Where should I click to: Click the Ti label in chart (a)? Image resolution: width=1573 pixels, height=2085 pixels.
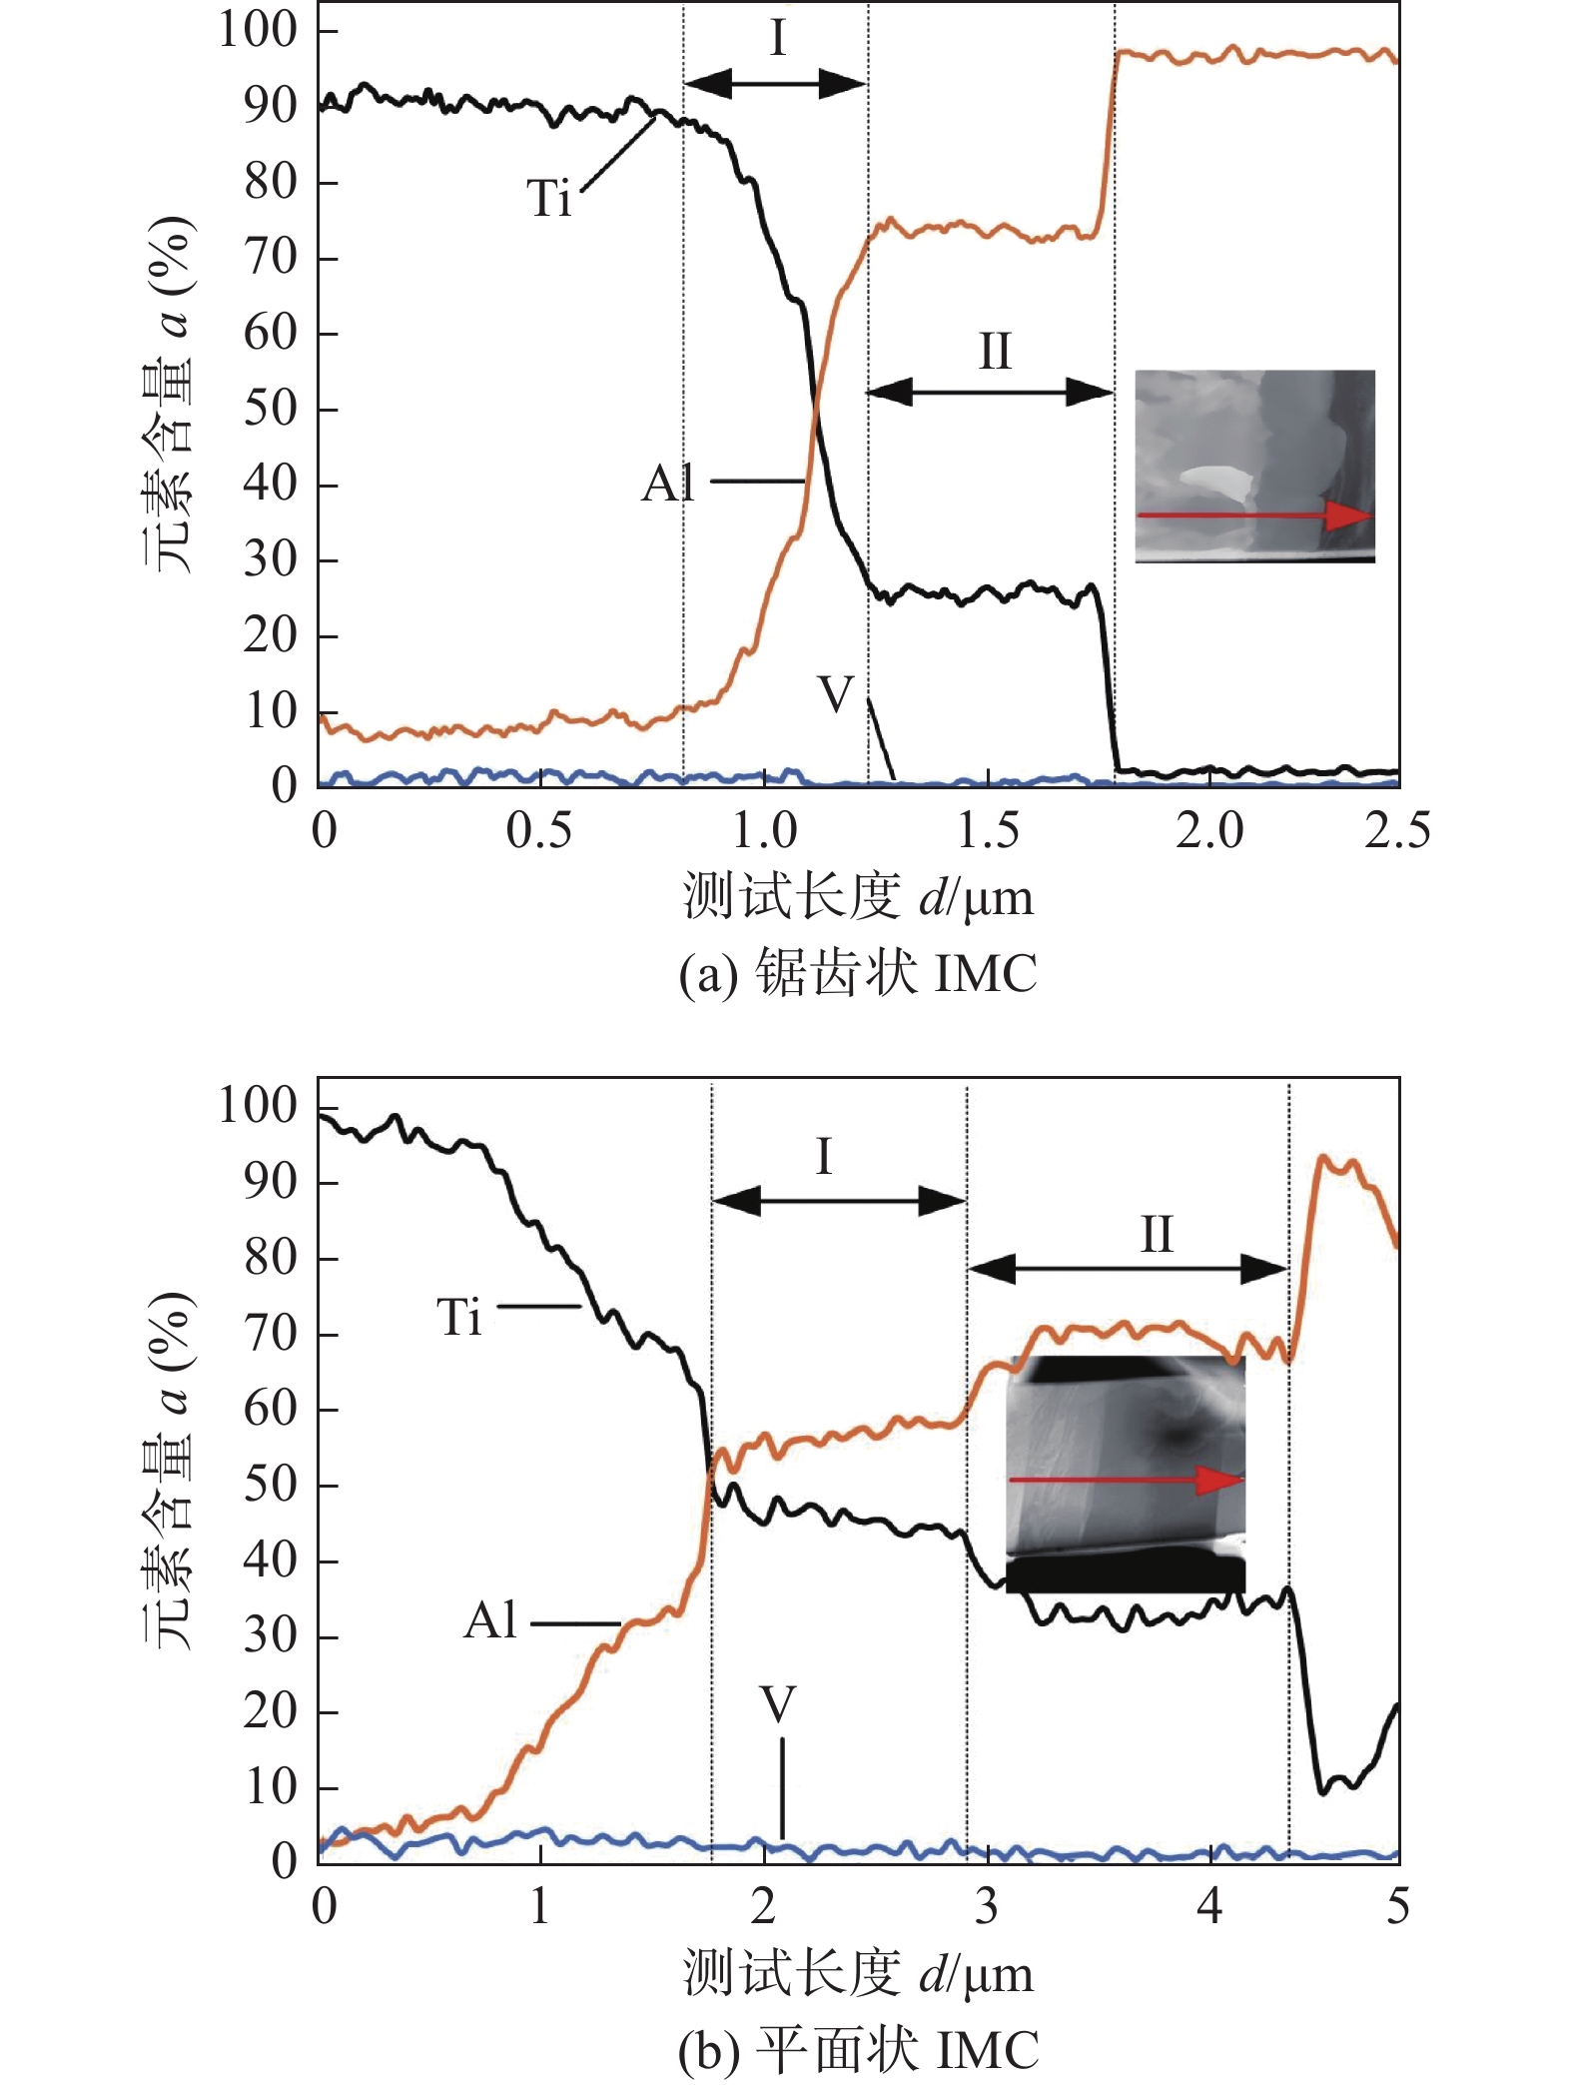pos(549,198)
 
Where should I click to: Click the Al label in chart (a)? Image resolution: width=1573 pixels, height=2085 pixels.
pos(668,485)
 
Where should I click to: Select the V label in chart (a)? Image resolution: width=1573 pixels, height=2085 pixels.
pos(836,693)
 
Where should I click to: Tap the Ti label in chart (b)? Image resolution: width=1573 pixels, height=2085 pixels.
pos(459,1317)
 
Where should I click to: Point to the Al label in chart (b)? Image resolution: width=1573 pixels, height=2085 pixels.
pos(490,1620)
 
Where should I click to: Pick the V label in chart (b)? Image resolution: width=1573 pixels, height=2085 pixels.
pos(778,1704)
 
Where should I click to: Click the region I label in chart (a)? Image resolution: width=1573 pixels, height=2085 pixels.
pos(778,40)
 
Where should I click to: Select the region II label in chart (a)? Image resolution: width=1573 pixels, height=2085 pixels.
pos(994,352)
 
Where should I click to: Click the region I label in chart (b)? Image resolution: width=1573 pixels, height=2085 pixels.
pos(823,1157)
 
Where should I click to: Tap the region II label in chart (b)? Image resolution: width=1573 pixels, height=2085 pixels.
pos(1157,1235)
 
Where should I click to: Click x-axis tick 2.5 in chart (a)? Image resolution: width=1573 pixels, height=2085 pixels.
pos(1397,831)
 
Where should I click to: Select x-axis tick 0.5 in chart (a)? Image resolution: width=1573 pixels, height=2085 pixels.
pos(539,831)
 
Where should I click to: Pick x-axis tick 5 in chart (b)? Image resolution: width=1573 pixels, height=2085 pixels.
pos(1397,1906)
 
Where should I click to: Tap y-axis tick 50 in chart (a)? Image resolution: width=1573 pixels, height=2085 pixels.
pos(270,409)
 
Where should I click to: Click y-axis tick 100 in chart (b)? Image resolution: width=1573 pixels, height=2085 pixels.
pos(258,1106)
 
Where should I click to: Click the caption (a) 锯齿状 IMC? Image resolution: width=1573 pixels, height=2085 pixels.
pos(858,972)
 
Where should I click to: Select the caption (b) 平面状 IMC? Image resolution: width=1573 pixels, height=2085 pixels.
pos(858,2049)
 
